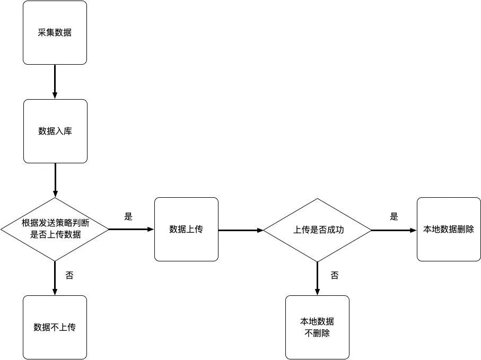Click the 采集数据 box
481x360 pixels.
(x=55, y=33)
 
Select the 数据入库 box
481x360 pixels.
(x=55, y=131)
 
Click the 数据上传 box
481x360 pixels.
(x=186, y=229)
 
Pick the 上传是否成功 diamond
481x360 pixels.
(x=317, y=230)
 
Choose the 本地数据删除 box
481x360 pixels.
(x=448, y=230)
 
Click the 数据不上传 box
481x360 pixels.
(x=55, y=327)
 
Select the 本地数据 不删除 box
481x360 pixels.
(x=317, y=327)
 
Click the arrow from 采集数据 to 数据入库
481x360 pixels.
(x=55, y=82)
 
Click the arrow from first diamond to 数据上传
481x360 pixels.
(x=131, y=230)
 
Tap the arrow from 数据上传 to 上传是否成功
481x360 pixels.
(x=241, y=230)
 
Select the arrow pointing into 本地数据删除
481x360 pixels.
(x=393, y=230)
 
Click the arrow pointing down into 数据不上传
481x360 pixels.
(x=55, y=278)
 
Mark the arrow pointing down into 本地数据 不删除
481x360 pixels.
(x=317, y=278)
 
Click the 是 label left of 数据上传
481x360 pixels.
(x=128, y=216)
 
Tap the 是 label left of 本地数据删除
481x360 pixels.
(x=393, y=216)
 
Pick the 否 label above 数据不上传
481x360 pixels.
(x=69, y=275)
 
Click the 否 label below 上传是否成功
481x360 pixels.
(x=335, y=275)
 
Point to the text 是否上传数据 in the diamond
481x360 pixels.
(x=55, y=234)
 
